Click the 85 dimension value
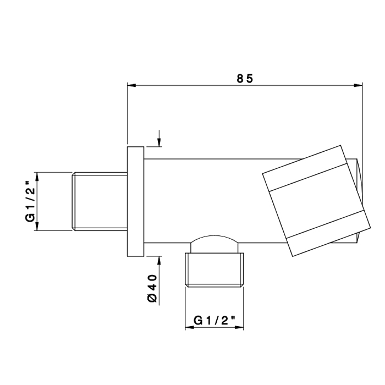point(245,79)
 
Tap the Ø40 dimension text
point(152,288)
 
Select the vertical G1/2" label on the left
point(30,201)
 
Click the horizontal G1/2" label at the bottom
point(215,321)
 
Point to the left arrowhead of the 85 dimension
point(131,85)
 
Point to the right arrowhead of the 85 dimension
point(358,85)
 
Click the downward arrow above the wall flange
point(159,138)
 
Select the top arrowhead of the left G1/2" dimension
point(37,177)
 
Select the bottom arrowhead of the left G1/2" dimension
point(37,226)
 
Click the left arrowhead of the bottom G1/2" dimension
point(189,327)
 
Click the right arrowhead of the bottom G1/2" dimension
point(239,327)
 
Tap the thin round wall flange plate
point(135,202)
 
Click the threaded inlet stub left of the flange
point(100,202)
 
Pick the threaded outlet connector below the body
point(215,270)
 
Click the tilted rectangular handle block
point(316,201)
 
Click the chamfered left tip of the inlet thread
point(73,202)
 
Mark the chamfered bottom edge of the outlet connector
point(215,285)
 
